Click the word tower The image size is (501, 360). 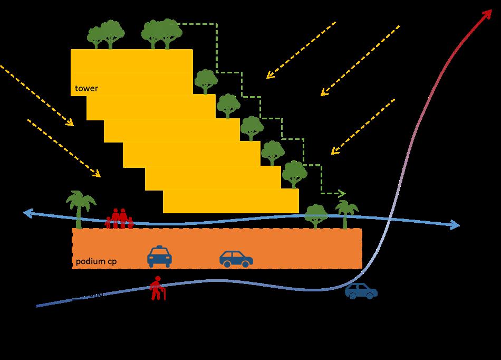click(x=86, y=88)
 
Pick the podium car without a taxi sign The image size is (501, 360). click(x=236, y=258)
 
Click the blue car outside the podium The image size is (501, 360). click(x=361, y=291)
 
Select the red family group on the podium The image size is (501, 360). click(x=119, y=219)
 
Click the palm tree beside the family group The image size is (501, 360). click(x=80, y=209)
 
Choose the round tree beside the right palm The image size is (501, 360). click(x=315, y=215)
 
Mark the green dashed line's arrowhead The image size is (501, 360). click(x=342, y=194)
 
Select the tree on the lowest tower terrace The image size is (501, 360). click(x=294, y=174)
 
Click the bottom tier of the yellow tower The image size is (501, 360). click(x=230, y=201)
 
